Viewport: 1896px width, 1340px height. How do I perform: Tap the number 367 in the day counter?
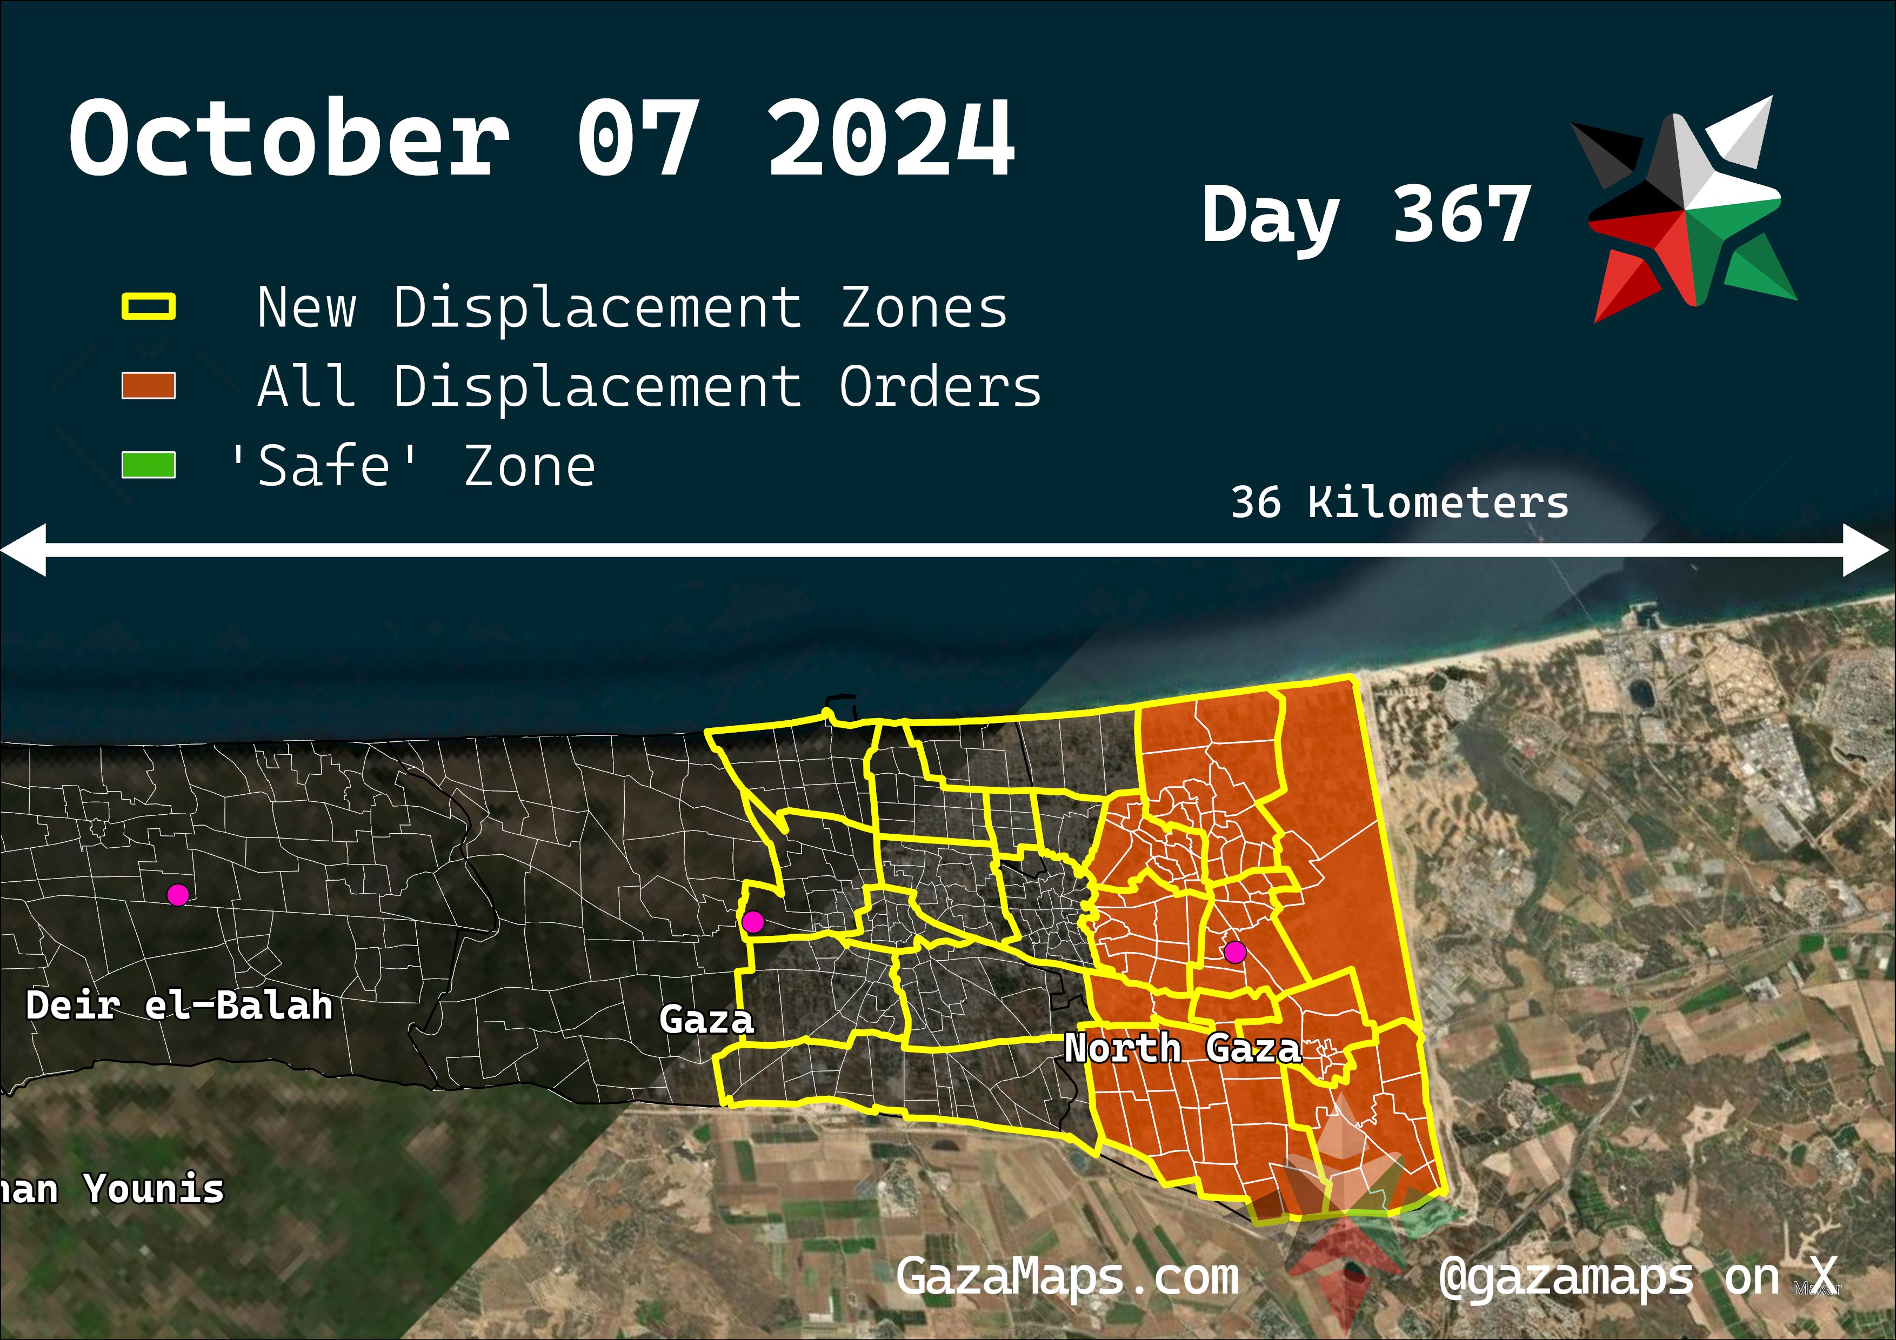click(x=1461, y=215)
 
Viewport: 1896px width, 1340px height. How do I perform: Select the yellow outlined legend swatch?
click(x=149, y=306)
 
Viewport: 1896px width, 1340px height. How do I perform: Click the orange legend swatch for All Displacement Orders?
click(x=149, y=386)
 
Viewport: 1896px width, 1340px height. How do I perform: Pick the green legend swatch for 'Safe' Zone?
click(x=149, y=465)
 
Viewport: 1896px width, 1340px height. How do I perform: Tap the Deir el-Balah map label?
click(x=179, y=1006)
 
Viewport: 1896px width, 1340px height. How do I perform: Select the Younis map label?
click(x=155, y=1189)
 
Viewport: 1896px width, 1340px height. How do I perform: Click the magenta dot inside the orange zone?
click(x=1234, y=952)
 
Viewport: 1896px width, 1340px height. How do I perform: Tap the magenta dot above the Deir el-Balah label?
click(x=177, y=894)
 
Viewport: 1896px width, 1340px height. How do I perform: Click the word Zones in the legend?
click(x=924, y=308)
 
